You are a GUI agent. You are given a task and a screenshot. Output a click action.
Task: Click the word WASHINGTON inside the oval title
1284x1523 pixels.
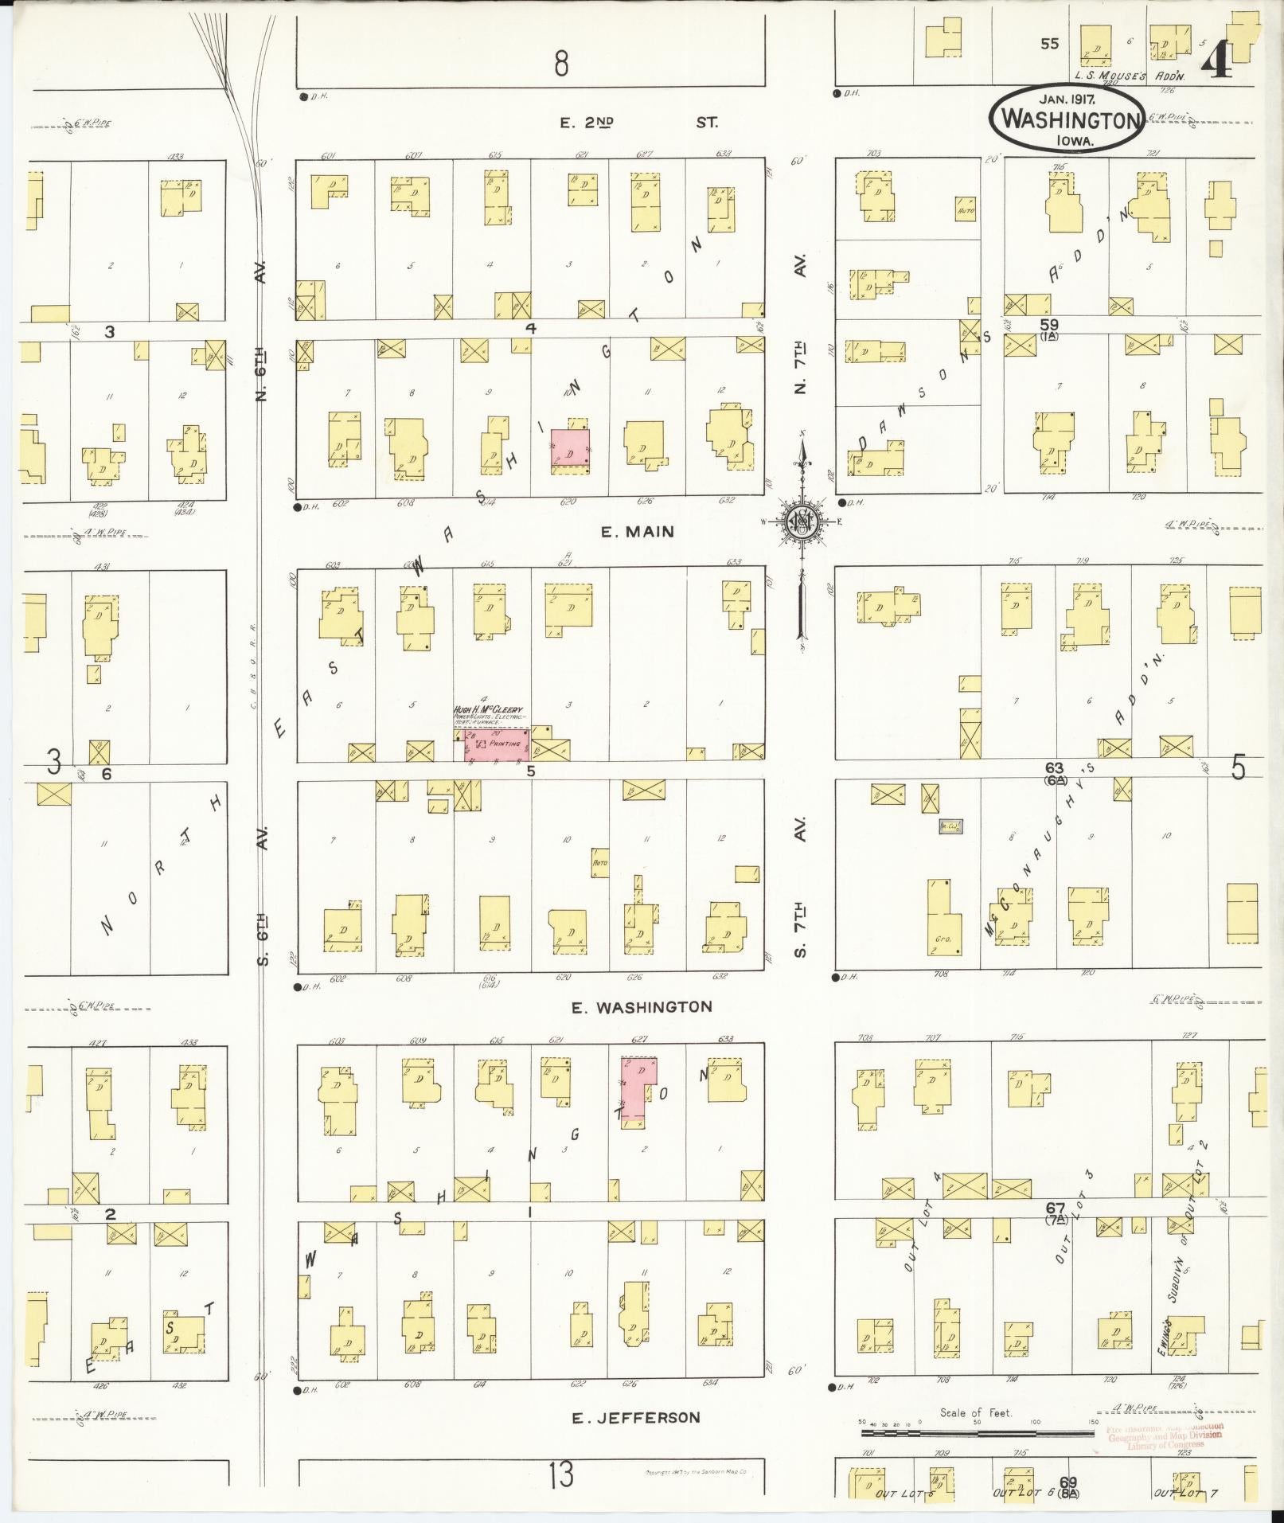coord(1067,120)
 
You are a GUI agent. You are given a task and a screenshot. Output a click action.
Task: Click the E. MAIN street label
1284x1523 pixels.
coord(637,532)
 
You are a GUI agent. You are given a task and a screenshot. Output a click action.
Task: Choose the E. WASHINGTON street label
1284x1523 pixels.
coord(642,1007)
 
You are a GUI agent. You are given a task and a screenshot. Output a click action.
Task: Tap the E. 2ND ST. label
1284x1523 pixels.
coord(637,123)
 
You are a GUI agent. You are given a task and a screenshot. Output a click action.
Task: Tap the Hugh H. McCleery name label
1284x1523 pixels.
coord(487,709)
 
